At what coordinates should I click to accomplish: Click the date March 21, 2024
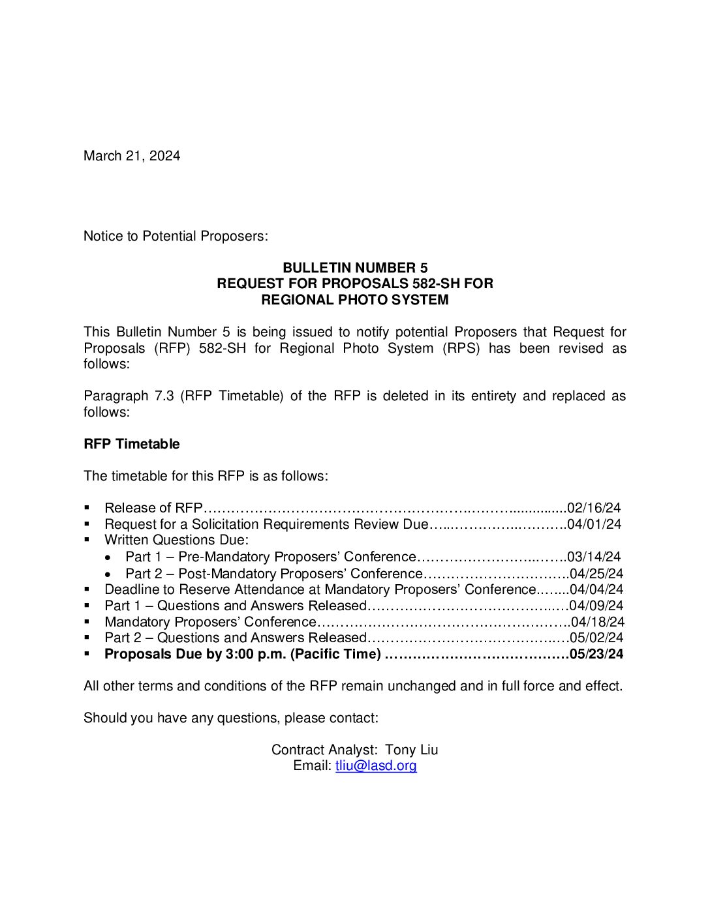click(x=132, y=156)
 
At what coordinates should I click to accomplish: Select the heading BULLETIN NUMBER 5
click(x=355, y=268)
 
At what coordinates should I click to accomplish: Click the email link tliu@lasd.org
click(x=376, y=765)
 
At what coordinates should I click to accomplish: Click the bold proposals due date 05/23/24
click(x=596, y=654)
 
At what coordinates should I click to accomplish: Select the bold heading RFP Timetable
click(x=131, y=444)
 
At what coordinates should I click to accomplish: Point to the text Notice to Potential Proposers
click(x=176, y=236)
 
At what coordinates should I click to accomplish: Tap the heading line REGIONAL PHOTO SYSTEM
click(x=355, y=300)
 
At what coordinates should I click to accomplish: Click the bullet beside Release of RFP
click(x=87, y=508)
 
